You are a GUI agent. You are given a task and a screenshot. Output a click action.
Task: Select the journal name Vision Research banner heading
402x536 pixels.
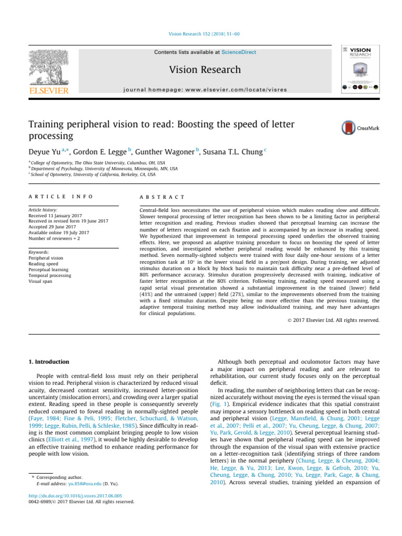(x=201, y=70)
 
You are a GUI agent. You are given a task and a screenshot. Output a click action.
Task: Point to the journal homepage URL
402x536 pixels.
(x=201, y=90)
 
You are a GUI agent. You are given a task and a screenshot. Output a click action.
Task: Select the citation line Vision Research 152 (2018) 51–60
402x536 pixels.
(x=201, y=34)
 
